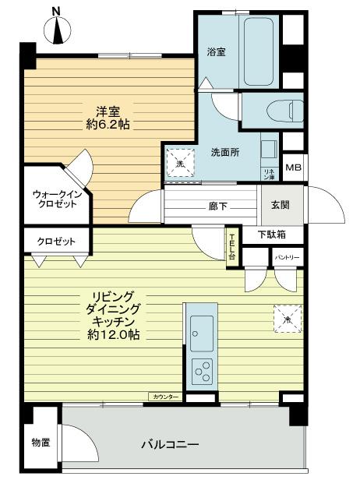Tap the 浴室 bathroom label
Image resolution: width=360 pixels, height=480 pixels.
pyautogui.click(x=216, y=52)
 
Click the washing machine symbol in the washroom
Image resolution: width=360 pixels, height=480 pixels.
pyautogui.click(x=179, y=163)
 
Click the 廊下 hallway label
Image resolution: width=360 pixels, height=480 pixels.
pyautogui.click(x=218, y=206)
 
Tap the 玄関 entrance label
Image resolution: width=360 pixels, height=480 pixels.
pyautogui.click(x=280, y=205)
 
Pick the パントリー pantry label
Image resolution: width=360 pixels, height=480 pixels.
pyautogui.click(x=285, y=257)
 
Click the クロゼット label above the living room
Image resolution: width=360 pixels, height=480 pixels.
pyautogui.click(x=56, y=242)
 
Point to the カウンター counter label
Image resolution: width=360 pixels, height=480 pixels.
pyautogui.click(x=164, y=397)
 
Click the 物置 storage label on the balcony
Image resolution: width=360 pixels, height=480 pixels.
pyautogui.click(x=41, y=443)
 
